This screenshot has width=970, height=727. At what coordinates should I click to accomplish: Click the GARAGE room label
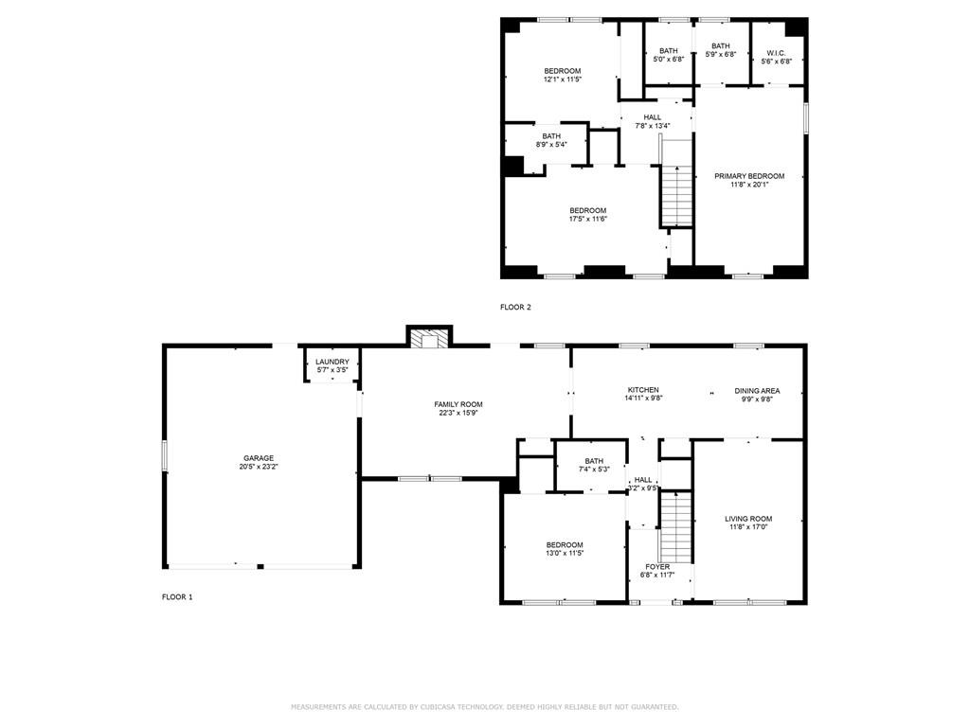point(258,458)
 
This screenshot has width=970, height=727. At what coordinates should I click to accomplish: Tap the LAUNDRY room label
point(332,362)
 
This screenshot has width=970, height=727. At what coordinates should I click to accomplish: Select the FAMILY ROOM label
point(458,404)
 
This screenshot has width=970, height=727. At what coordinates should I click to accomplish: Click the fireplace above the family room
point(430,338)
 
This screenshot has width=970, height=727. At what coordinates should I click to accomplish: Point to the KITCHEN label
point(643,390)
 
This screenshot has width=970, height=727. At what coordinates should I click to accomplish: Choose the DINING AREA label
point(757,390)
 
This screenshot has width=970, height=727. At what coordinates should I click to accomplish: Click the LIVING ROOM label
point(748,519)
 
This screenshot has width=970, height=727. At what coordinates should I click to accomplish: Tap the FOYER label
point(657,567)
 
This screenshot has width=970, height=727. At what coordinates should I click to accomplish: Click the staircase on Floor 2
point(676,195)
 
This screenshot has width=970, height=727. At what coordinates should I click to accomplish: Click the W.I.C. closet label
point(776,52)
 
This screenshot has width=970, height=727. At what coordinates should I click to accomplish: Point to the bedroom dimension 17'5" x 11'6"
point(587,219)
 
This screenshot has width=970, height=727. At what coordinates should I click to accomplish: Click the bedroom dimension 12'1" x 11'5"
point(562,80)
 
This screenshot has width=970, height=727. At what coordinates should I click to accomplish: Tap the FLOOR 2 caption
point(516,307)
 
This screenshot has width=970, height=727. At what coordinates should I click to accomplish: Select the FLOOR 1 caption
point(177,597)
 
